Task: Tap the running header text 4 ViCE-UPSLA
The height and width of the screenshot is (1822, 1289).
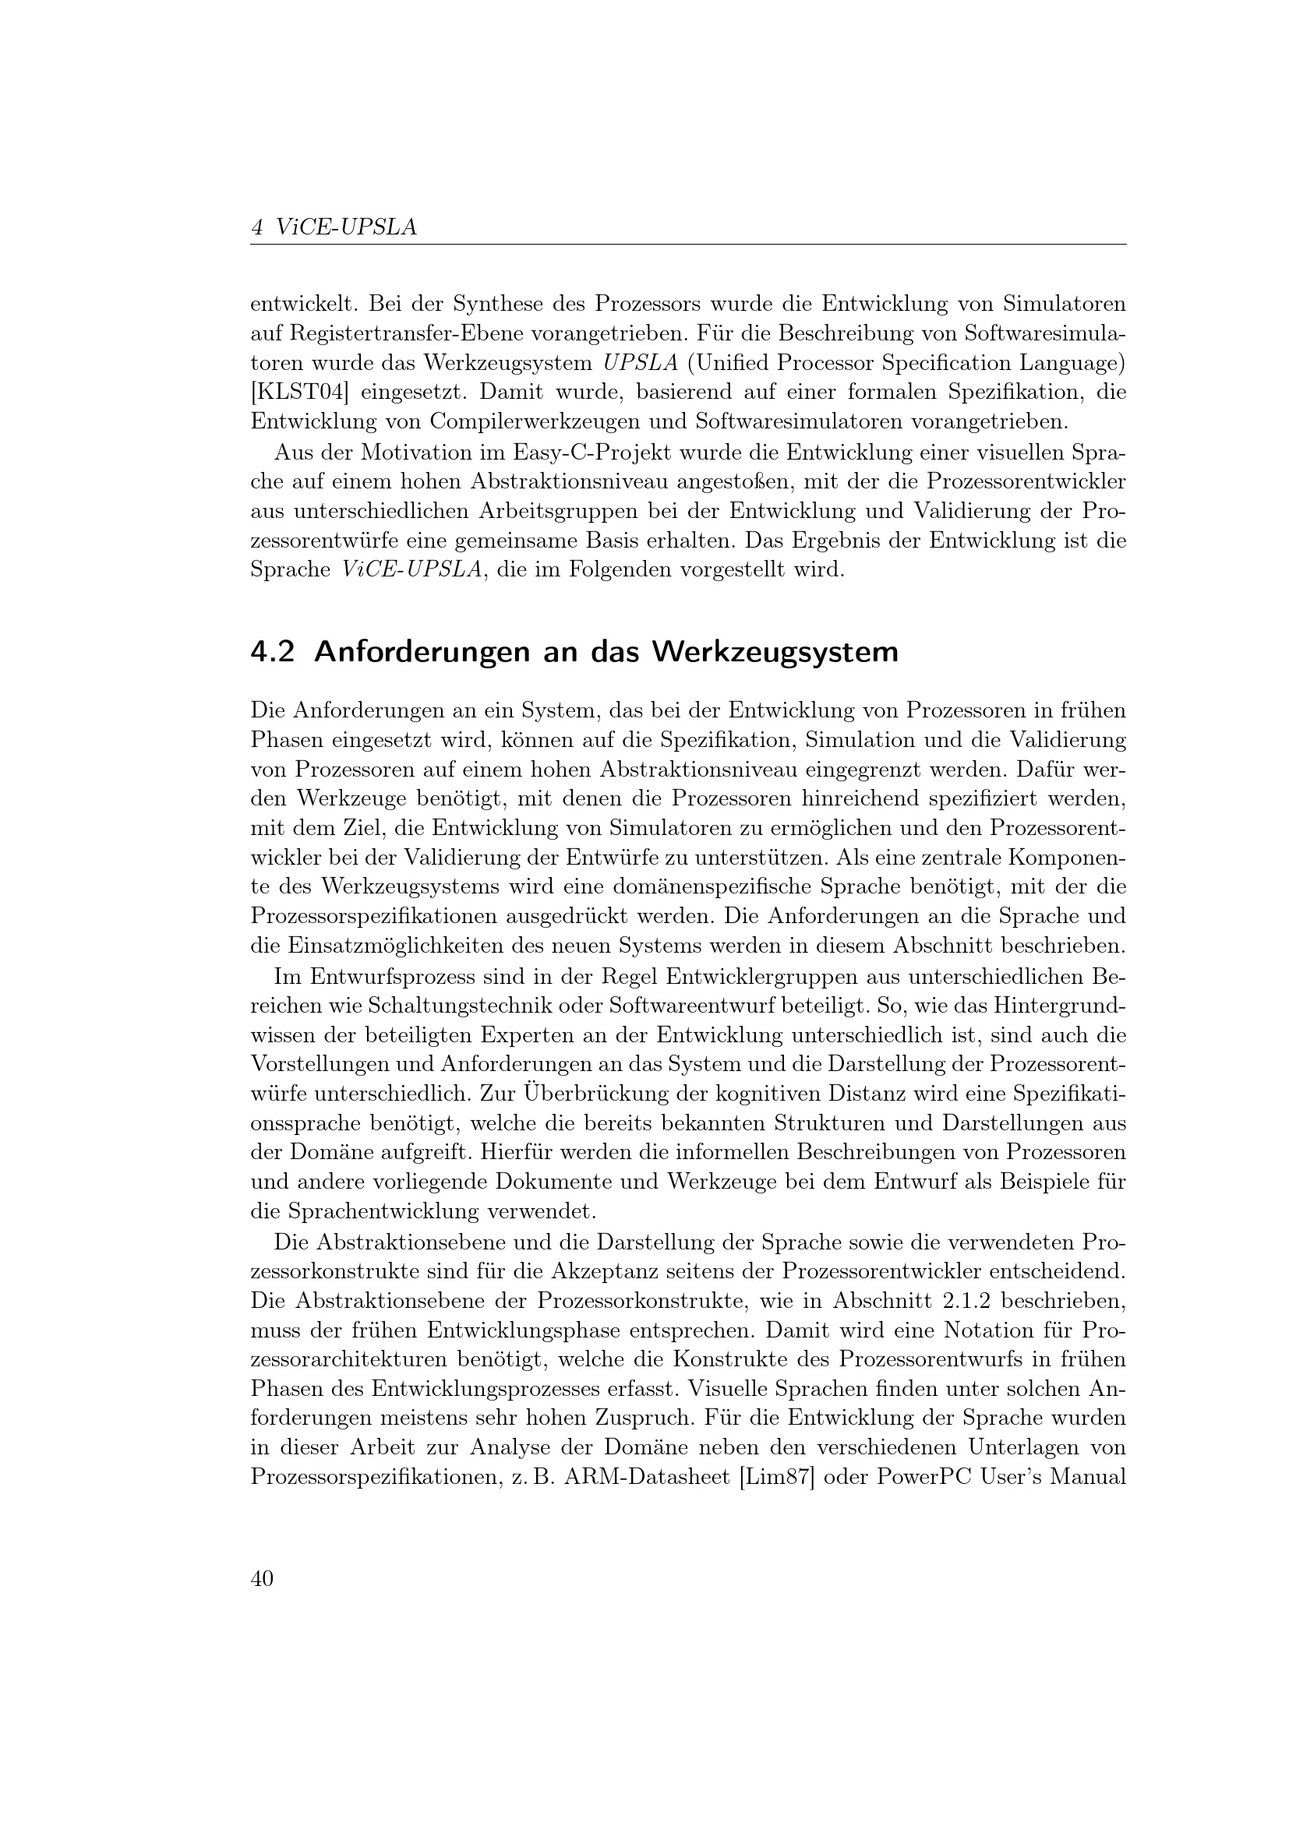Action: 334,227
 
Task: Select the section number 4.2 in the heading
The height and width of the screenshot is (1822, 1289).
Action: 272,652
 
